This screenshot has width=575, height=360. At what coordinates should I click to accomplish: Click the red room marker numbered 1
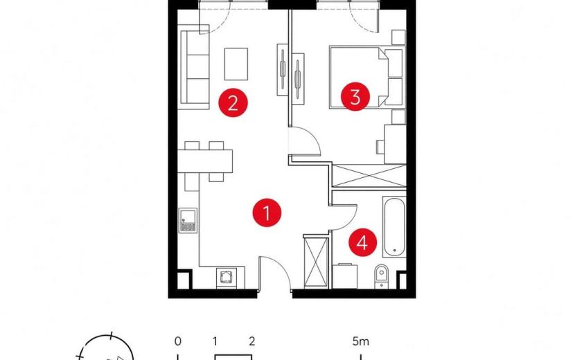coord(267,213)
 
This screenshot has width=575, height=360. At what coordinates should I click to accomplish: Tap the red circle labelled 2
coord(233,102)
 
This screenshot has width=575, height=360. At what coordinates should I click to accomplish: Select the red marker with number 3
coord(355,97)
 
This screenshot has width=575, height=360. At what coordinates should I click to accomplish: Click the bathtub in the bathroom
coord(394,226)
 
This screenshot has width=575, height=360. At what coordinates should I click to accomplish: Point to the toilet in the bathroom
coord(382,276)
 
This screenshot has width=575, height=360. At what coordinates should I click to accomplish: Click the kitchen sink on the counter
coord(188,220)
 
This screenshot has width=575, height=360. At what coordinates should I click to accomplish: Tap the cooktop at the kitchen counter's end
coord(227,278)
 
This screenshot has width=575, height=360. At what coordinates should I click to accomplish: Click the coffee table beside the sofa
coord(236,64)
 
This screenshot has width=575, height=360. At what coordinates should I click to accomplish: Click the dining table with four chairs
coord(205,161)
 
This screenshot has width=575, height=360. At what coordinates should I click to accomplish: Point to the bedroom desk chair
coord(380,147)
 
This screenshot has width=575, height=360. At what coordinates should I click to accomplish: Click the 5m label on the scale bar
coord(361,342)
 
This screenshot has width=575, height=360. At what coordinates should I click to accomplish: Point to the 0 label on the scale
coord(178,342)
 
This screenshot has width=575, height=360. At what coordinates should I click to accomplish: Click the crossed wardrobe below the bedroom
coord(369,176)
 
